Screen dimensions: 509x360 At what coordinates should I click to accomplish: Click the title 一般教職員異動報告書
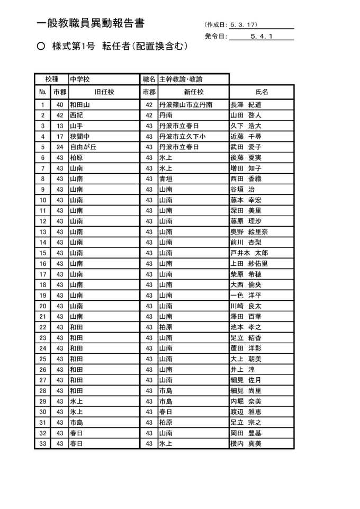coord(91,23)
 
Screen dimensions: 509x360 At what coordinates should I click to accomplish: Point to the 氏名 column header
coord(262,92)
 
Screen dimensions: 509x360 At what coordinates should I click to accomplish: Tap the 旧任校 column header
coord(104,92)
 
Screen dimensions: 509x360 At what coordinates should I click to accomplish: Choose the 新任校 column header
coord(193,92)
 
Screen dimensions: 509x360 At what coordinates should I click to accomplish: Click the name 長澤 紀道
coord(246,105)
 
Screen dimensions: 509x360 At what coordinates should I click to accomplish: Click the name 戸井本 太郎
coord(249,253)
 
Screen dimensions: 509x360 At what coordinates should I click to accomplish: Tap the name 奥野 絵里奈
coord(249,231)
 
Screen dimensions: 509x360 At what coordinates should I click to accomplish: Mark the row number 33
coord(43,443)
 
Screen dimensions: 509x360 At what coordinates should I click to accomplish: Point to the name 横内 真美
coord(246,443)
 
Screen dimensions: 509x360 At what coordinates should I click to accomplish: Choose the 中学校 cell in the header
coord(80,79)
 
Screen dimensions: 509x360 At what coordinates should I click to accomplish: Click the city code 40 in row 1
coord(60,105)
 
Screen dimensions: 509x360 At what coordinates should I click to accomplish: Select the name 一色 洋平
coord(246,295)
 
